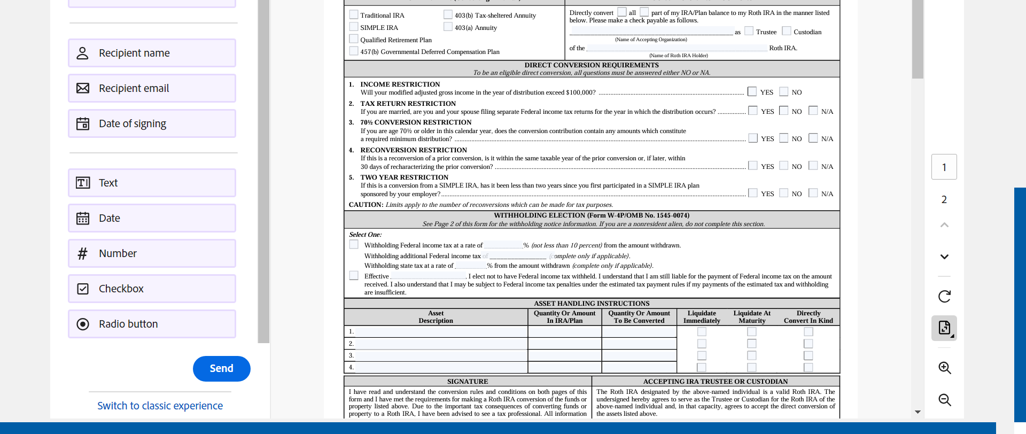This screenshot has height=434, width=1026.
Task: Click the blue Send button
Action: pyautogui.click(x=221, y=369)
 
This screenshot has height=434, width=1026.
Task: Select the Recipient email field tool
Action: pyautogui.click(x=152, y=88)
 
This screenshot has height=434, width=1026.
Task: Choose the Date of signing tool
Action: pyautogui.click(x=152, y=123)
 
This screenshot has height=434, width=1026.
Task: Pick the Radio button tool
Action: pyautogui.click(x=152, y=324)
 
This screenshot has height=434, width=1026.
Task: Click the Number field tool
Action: pyautogui.click(x=152, y=253)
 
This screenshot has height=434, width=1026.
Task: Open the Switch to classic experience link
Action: pyautogui.click(x=160, y=406)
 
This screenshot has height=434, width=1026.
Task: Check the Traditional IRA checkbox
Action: pyautogui.click(x=354, y=14)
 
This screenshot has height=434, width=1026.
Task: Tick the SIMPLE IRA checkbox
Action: pyautogui.click(x=354, y=27)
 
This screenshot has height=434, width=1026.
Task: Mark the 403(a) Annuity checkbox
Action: pyautogui.click(x=448, y=27)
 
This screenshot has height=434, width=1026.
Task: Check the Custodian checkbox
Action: pyautogui.click(x=787, y=31)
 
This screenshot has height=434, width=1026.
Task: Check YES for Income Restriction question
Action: pyautogui.click(x=752, y=91)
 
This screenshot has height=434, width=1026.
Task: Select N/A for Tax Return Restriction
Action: pyautogui.click(x=813, y=111)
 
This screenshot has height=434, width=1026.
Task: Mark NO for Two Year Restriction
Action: pyautogui.click(x=784, y=193)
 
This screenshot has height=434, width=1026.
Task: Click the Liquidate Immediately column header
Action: pyautogui.click(x=702, y=317)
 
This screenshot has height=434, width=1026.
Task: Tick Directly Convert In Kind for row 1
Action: pyautogui.click(x=809, y=332)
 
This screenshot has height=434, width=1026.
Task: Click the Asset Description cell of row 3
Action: pyautogui.click(x=441, y=355)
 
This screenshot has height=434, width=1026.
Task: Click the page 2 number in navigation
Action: pyautogui.click(x=944, y=199)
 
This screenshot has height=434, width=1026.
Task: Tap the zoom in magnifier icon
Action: pyautogui.click(x=944, y=368)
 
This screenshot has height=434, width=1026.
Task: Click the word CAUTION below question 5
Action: pyautogui.click(x=366, y=205)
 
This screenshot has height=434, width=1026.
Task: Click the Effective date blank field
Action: pyautogui.click(x=429, y=276)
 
